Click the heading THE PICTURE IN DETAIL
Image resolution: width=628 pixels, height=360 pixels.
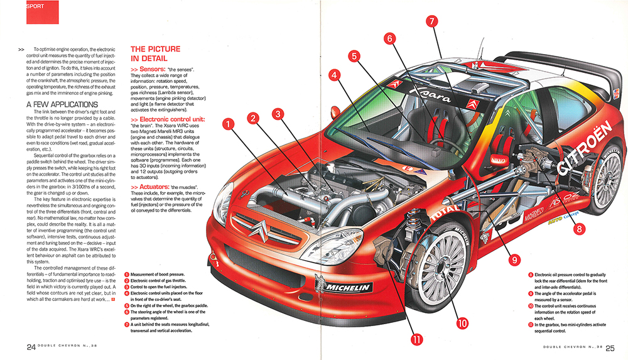coord(155,54)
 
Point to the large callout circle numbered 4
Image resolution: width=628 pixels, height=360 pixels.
coord(335,75)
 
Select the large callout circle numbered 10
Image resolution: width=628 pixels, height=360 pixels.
coord(462,324)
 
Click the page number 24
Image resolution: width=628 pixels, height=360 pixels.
coord(31,347)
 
